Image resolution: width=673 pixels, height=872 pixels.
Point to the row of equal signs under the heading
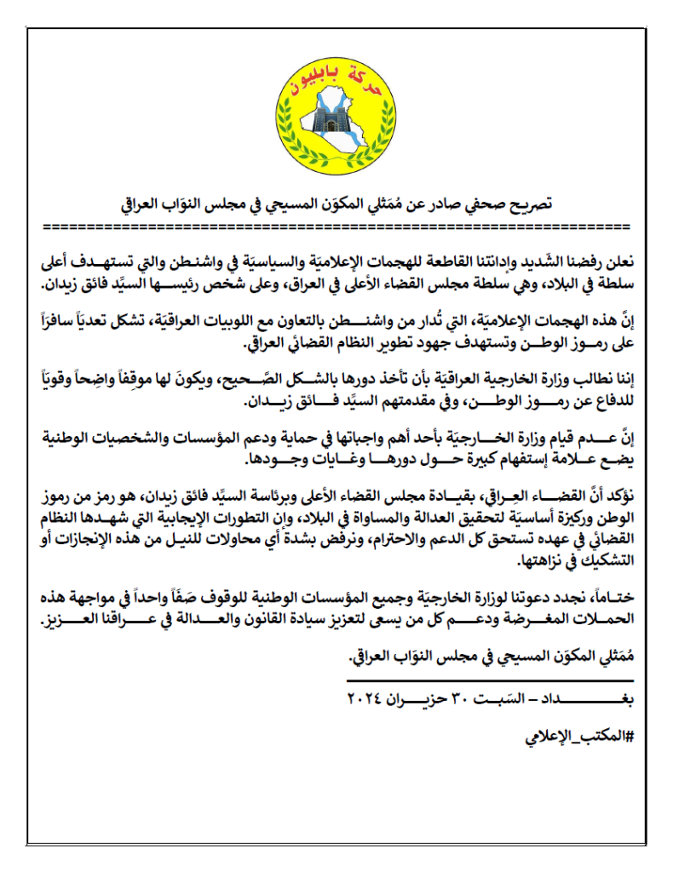(x=336, y=227)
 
